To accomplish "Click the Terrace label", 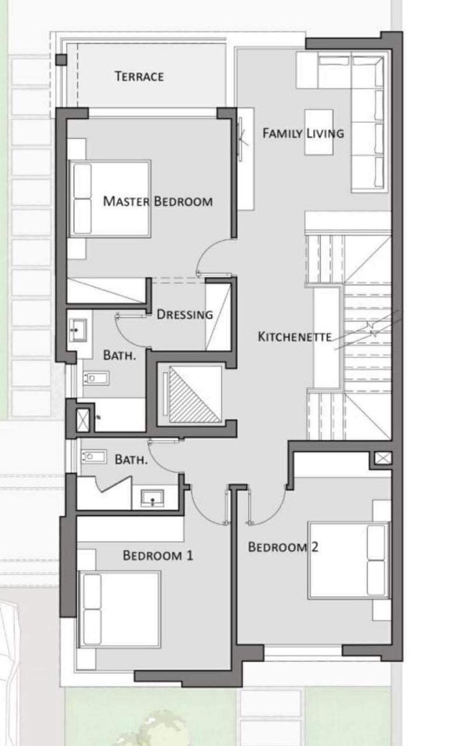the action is (139, 76).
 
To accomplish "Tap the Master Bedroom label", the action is (157, 201).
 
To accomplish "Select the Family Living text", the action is (303, 133).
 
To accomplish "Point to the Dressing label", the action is (185, 314).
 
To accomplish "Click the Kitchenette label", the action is (295, 337).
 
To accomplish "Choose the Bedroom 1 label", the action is (158, 555).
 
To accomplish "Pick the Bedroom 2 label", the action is (283, 547).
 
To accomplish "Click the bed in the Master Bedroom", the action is (110, 199).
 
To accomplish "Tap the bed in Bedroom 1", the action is (119, 610).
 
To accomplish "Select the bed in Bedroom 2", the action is (349, 561).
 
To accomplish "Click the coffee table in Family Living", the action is (319, 132).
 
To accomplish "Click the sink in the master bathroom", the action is (78, 330).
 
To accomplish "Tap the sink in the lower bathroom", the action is (153, 498).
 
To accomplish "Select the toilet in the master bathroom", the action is (96, 378).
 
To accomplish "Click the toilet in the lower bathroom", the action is (94, 456).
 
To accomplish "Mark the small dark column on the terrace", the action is (61, 60).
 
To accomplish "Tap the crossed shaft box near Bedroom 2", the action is (383, 458).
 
